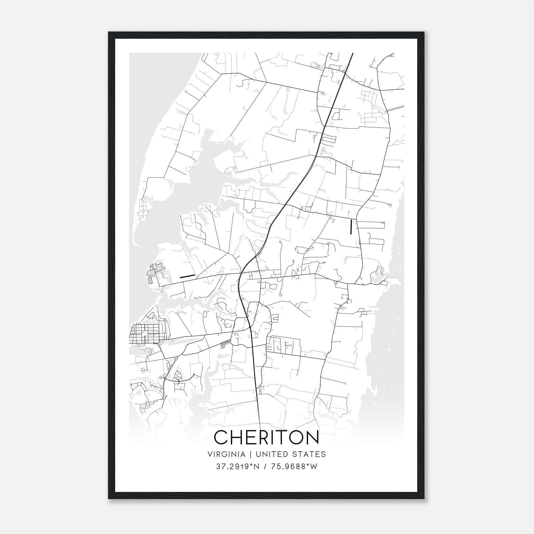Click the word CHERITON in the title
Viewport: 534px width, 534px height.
coord(266,437)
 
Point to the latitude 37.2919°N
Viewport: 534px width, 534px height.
coord(238,467)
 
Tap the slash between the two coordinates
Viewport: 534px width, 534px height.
coord(265,467)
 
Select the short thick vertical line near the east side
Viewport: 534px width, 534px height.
coord(351,227)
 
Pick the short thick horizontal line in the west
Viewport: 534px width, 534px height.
coord(187,276)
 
